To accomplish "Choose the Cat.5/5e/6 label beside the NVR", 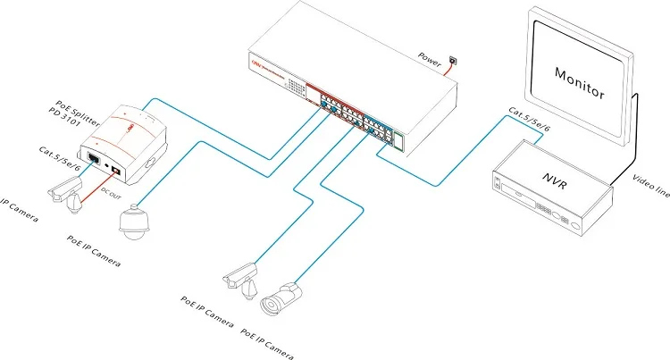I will pos(527,121).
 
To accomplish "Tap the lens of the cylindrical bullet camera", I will pos(268,306).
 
